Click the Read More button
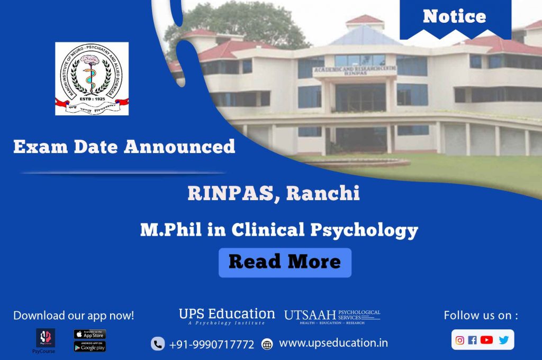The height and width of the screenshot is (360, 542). (285, 262)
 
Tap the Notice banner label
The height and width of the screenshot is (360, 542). (454, 16)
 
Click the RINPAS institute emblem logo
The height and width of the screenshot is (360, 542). (92, 79)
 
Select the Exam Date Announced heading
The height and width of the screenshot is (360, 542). (124, 147)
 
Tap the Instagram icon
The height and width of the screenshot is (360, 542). (459, 340)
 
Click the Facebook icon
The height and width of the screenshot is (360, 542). (472, 340)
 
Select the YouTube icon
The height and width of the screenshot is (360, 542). (486, 340)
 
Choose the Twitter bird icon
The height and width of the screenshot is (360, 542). (503, 340)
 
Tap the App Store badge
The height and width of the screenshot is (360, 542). (89, 335)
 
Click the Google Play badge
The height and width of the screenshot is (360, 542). (89, 346)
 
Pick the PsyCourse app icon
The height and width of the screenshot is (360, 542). (46, 338)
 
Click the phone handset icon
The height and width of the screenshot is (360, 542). (158, 344)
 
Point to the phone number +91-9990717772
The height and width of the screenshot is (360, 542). (212, 345)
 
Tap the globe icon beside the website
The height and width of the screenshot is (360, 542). (267, 345)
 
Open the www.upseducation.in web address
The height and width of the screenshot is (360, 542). (333, 343)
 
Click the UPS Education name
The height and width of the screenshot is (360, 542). (227, 313)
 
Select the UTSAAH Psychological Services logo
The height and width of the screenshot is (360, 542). (332, 316)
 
